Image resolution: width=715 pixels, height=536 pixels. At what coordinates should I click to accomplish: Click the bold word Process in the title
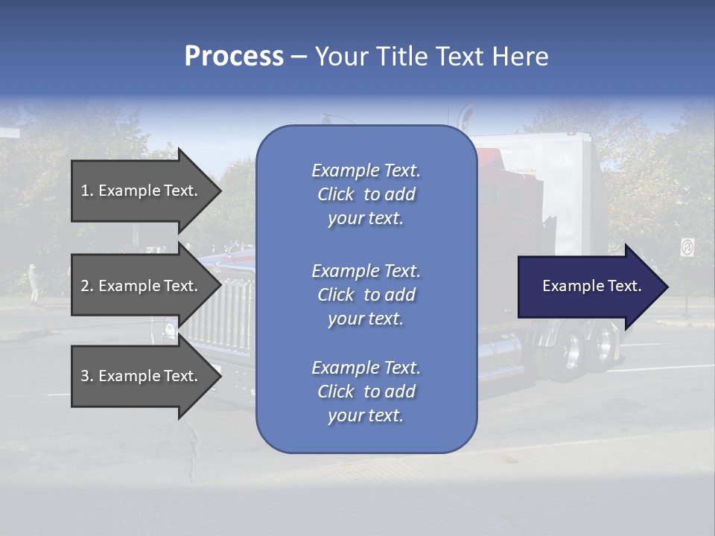[x=234, y=57]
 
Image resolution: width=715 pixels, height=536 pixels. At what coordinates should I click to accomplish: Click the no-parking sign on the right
[x=687, y=247]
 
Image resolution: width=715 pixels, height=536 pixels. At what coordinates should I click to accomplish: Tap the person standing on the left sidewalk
[x=34, y=284]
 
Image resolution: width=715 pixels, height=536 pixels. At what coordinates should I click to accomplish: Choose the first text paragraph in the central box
[x=366, y=194]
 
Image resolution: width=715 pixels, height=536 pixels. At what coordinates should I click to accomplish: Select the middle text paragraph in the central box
[x=366, y=295]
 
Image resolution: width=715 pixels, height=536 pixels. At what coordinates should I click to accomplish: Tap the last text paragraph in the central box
[x=366, y=392]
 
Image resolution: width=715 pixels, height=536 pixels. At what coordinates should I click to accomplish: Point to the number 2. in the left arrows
[x=87, y=286]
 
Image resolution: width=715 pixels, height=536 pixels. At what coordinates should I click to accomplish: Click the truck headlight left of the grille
[x=170, y=328]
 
